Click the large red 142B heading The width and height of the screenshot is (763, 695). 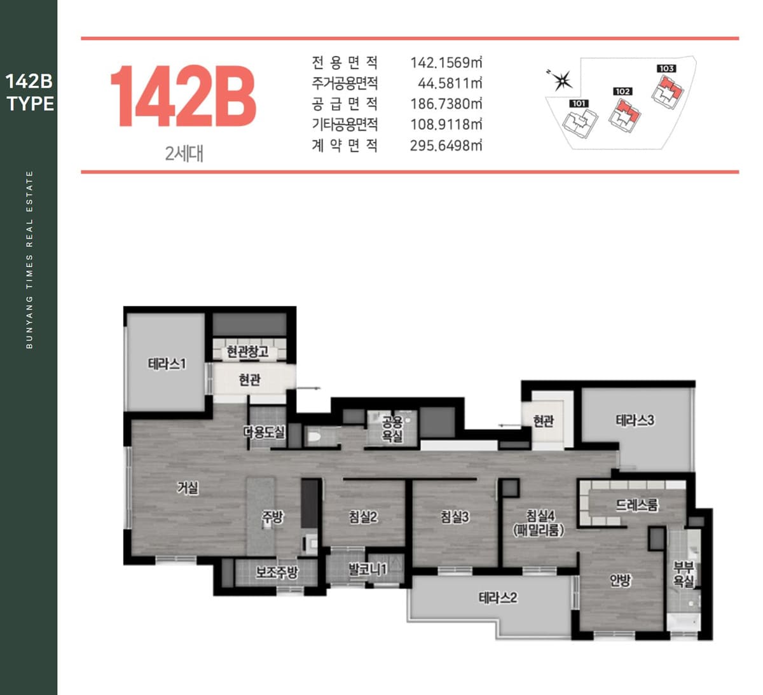coord(183,96)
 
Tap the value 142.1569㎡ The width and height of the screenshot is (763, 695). coord(446,63)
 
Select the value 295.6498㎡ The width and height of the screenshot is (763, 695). coord(446,146)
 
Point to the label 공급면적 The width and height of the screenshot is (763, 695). coord(345,104)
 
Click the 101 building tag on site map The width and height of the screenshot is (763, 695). coord(579,104)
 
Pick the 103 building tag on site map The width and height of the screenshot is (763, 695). coord(666,69)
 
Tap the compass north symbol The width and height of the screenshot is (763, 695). coord(561,81)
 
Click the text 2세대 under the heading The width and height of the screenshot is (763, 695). coord(184,154)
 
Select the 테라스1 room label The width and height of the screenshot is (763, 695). coord(167,364)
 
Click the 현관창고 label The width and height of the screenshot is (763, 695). coord(247,352)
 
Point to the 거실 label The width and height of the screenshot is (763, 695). coord(188,488)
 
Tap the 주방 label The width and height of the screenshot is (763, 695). coord(272,516)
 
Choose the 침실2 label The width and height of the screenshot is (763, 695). coord(363,516)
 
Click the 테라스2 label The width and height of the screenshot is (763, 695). coord(497,598)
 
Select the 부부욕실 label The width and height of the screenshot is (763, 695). coord(684,574)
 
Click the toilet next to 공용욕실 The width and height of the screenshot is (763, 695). coord(314,436)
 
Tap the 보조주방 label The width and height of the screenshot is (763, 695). coord(277,572)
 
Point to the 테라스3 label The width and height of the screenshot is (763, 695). coord(635,420)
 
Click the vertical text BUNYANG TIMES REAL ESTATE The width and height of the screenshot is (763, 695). coord(30,259)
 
